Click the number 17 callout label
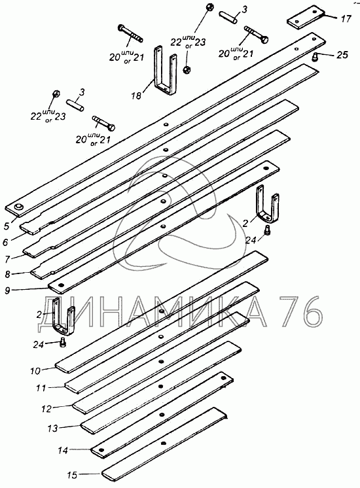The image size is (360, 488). tap(346, 19)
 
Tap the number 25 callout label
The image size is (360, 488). tap(342, 55)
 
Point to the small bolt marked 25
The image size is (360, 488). tap(315, 57)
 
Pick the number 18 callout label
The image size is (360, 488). tap(135, 96)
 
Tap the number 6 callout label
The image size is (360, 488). tap(5, 241)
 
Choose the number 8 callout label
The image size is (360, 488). tap(8, 274)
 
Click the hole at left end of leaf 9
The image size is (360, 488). tap(60, 285)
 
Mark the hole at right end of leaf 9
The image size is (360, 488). tap(266, 168)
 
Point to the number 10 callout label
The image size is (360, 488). tap(35, 371)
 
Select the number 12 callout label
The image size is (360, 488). tap(46, 409)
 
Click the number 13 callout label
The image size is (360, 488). tap(52, 428)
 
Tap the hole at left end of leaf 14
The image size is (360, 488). tap(101, 450)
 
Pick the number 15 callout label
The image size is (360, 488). tap(71, 476)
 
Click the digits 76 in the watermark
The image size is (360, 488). tap(300, 311)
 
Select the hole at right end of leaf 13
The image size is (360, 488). tap(223, 378)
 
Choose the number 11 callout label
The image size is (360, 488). tap(41, 388)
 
